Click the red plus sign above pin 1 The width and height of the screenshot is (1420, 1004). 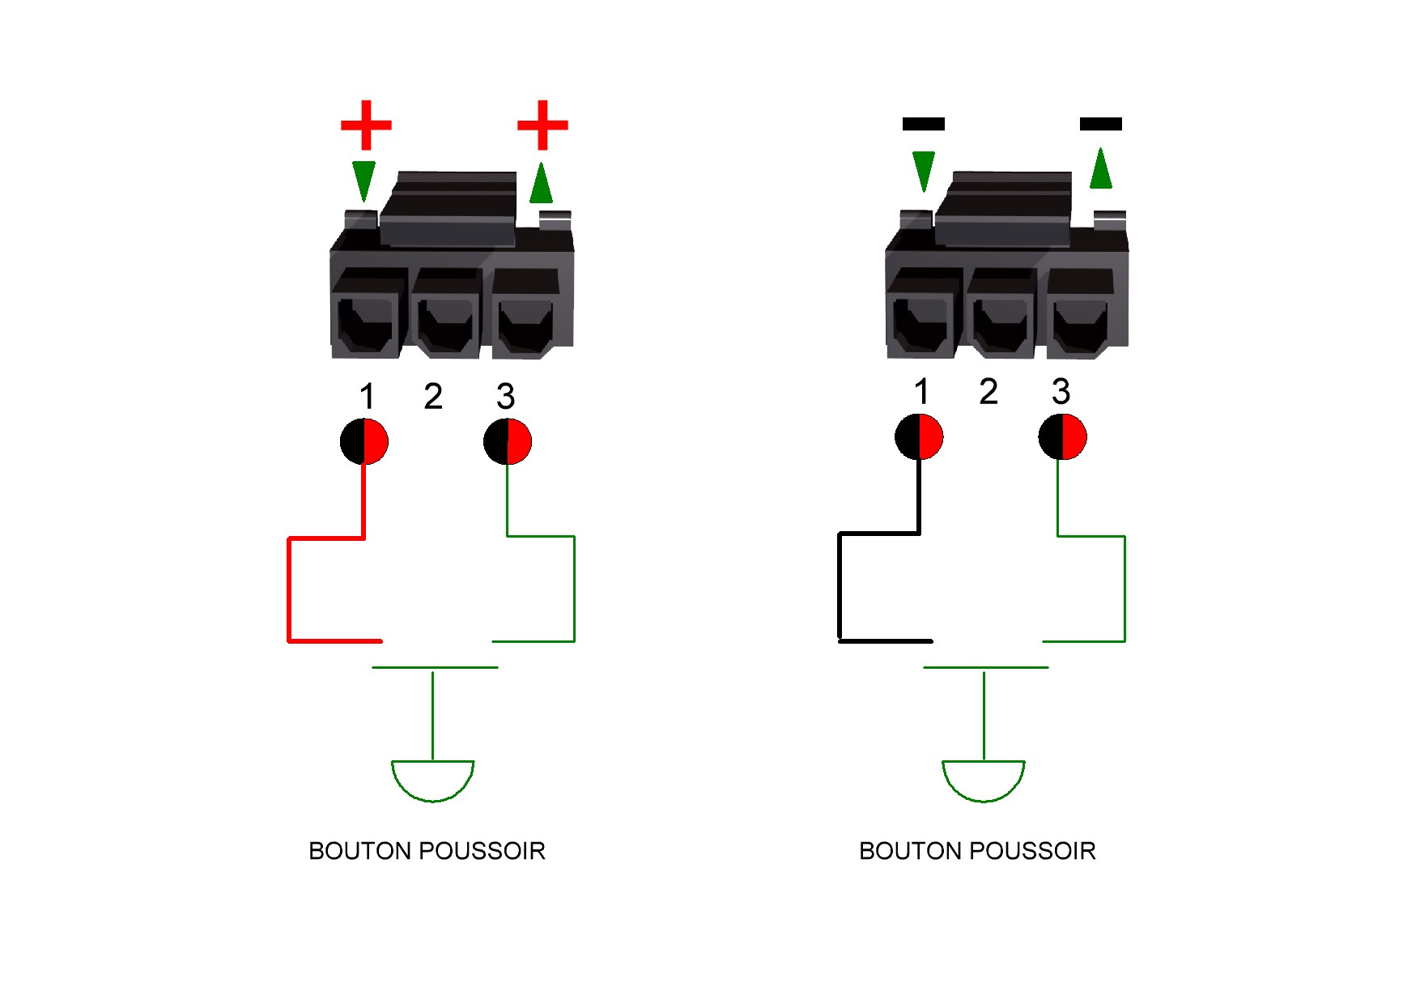tap(366, 125)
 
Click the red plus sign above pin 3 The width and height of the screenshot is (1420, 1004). tap(542, 125)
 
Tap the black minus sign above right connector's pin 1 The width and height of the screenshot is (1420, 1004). tap(924, 124)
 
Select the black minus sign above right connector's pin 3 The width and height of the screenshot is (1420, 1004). tap(1101, 124)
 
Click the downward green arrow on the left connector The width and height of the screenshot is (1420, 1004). tap(364, 181)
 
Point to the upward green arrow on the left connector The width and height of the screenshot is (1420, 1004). tap(541, 182)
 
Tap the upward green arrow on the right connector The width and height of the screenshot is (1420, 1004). tap(1101, 168)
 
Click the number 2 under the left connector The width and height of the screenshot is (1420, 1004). tap(433, 396)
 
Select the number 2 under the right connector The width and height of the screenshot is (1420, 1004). tap(988, 391)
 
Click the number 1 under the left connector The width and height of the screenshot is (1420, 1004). tap(367, 397)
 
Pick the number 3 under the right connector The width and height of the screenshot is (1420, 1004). tap(1061, 391)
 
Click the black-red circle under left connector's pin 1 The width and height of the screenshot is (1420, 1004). tap(364, 441)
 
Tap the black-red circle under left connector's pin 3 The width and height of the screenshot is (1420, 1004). tap(508, 441)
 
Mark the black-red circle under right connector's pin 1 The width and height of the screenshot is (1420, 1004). tap(919, 436)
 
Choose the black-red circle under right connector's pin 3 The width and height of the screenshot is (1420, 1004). tap(1062, 436)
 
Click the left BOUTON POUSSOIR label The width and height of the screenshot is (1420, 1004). tap(427, 851)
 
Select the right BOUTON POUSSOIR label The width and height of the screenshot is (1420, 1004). tap(977, 851)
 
